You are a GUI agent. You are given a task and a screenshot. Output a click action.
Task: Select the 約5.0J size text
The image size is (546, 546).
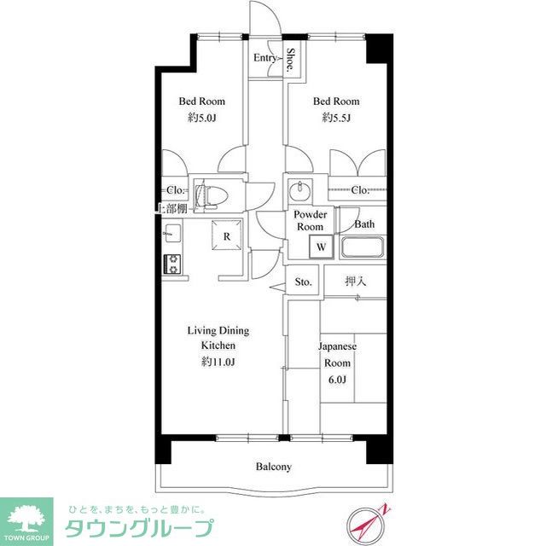point(201,119)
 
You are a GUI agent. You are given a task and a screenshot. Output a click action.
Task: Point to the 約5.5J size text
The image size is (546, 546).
point(335,119)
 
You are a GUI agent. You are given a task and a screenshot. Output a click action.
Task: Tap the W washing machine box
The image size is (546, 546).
point(321,247)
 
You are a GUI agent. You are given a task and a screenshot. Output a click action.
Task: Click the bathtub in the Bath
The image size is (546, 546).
point(363,249)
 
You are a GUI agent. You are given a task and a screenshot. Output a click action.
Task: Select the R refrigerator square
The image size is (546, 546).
point(228,236)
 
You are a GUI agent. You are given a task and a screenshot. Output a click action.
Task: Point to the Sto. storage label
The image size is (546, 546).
point(303,282)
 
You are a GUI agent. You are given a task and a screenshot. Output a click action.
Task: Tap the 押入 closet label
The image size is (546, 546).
point(355,281)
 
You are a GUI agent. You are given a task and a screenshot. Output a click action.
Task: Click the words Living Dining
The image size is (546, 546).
point(218,330)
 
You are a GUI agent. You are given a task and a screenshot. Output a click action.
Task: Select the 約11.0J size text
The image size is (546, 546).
point(218,362)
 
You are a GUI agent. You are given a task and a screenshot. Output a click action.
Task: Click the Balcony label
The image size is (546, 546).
point(274,467)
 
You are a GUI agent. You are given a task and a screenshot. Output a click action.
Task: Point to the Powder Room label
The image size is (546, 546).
point(310,220)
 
